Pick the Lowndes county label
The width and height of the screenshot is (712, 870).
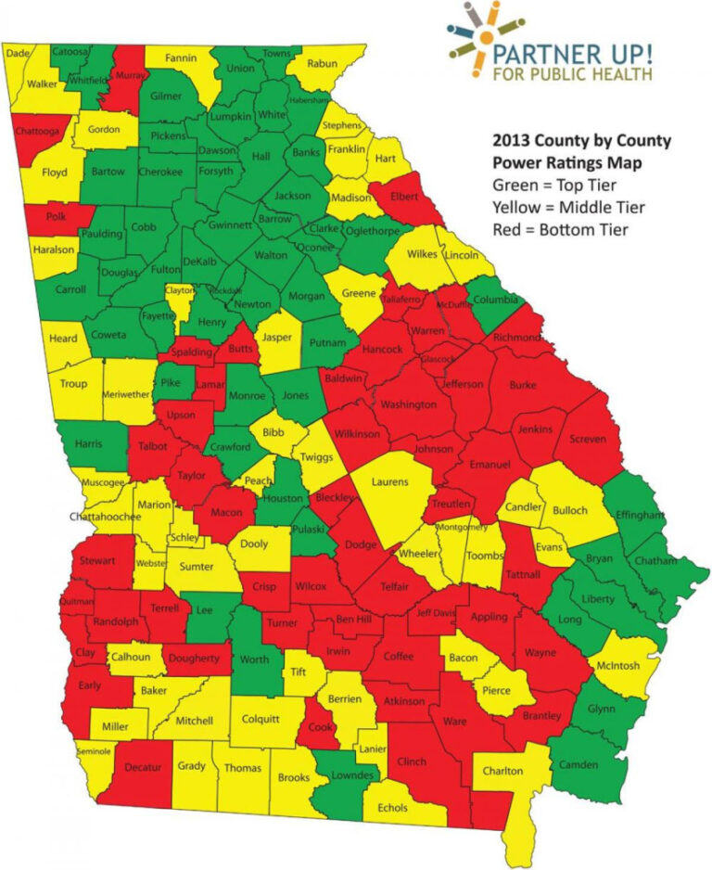pos(354,774)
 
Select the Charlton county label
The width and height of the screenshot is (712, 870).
pos(502,771)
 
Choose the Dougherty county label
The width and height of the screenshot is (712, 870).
pos(196,659)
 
